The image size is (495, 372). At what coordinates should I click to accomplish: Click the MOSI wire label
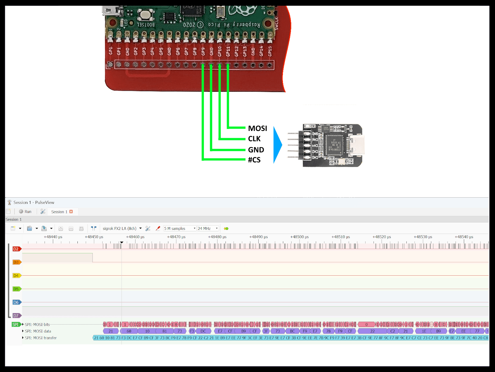pyautogui.click(x=257, y=128)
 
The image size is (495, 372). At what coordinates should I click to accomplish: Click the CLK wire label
pyautogui.click(x=254, y=139)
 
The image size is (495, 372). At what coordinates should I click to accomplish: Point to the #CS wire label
pyautogui.click(x=254, y=160)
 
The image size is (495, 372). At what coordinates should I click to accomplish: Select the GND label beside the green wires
pyautogui.click(x=256, y=150)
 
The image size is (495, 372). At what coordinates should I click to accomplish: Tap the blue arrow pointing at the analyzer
pyautogui.click(x=277, y=145)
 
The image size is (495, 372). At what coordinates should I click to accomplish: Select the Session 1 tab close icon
pyautogui.click(x=71, y=212)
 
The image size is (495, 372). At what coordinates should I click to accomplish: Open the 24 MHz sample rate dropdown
pyautogui.click(x=208, y=228)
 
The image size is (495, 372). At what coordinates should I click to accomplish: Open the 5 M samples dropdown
pyautogui.click(x=180, y=228)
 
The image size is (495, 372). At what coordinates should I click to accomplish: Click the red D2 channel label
pyautogui.click(x=16, y=249)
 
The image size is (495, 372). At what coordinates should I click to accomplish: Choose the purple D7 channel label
pyautogui.click(x=16, y=316)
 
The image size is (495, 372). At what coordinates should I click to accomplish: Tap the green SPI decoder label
pyautogui.click(x=16, y=325)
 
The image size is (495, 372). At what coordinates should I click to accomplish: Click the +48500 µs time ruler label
pyautogui.click(x=299, y=237)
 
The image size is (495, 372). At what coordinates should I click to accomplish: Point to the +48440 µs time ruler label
pyautogui.click(x=53, y=237)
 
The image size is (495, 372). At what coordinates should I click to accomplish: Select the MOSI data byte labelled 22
pyautogui.click(x=372, y=331)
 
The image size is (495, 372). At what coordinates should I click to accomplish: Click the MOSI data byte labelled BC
pyautogui.click(x=292, y=331)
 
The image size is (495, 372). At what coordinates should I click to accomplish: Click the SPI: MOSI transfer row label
pyautogui.click(x=41, y=338)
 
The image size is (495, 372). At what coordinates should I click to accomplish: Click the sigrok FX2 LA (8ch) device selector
pyautogui.click(x=120, y=228)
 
